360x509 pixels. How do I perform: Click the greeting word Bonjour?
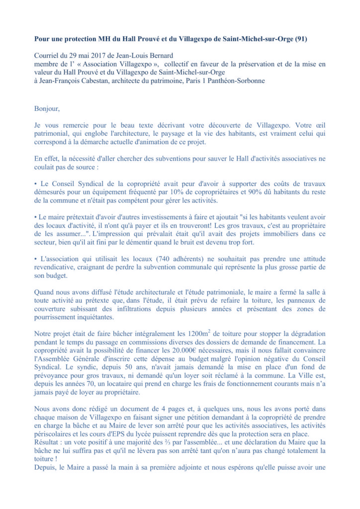[x=46, y=108]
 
